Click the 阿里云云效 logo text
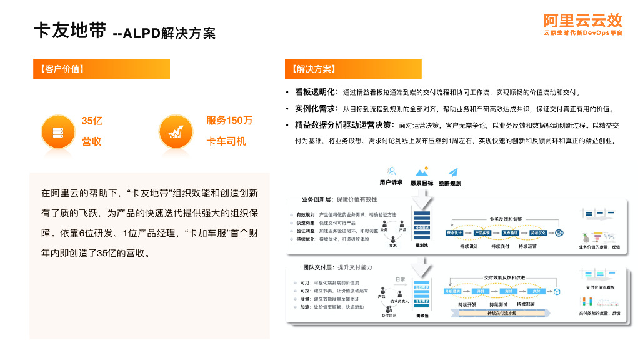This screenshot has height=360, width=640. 583,20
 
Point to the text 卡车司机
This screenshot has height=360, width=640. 226,142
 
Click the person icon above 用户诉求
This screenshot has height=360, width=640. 391,171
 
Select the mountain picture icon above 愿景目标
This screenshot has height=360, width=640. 421,171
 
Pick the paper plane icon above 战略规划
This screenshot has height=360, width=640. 453,171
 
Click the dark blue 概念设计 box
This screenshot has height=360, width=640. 454,233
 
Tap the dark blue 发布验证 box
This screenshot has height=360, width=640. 511,233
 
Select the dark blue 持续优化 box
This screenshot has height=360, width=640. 538,233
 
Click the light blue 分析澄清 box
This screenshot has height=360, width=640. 452,291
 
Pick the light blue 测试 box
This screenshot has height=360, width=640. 509,291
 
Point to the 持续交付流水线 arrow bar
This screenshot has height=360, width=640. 503,312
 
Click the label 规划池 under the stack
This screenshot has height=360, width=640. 421,246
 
